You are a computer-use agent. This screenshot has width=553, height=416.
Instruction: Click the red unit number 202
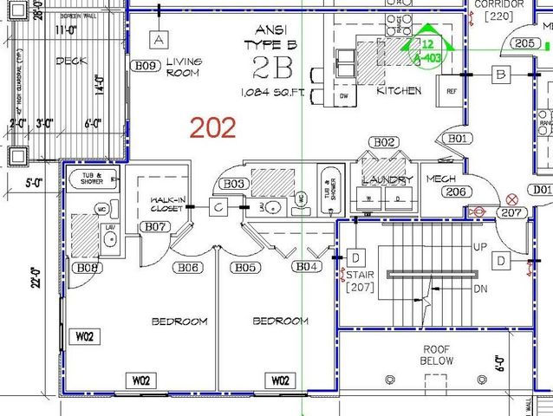tap(212, 128)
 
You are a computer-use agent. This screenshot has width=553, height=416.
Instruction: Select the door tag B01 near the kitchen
tap(458, 139)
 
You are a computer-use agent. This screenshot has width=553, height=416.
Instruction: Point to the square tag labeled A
tap(157, 39)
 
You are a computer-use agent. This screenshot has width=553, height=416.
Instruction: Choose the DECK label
tap(70, 61)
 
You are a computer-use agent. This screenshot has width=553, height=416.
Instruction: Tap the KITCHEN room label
tap(399, 90)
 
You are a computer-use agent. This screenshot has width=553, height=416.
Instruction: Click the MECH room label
tap(441, 179)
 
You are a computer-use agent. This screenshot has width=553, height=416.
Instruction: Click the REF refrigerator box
tap(452, 90)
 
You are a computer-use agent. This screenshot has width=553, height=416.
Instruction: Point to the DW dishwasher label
tap(345, 96)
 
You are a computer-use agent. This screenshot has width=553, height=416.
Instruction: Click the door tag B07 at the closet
tap(156, 227)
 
